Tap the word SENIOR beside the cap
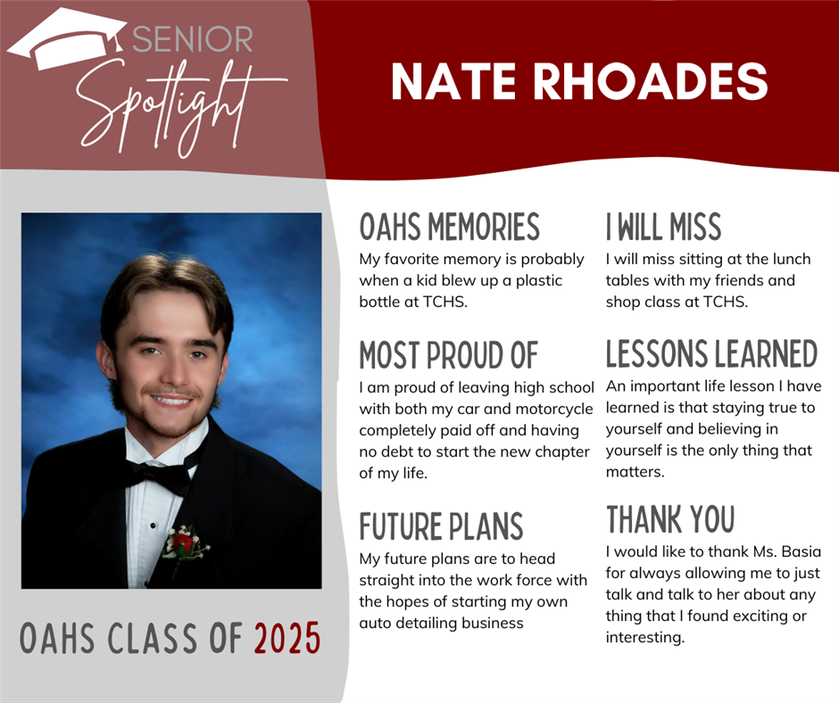pos(193,39)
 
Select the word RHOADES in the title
pos(651,82)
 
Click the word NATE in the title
pos(454,82)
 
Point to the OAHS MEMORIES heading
pos(450,227)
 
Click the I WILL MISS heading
pos(663,227)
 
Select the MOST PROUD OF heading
pos(448,355)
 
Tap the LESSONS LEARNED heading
pos(711,353)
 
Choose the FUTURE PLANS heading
pos(441,526)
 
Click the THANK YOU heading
pos(670,519)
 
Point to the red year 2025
pos(287,638)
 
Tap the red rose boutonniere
pos(184,544)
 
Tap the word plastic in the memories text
pos(539,281)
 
